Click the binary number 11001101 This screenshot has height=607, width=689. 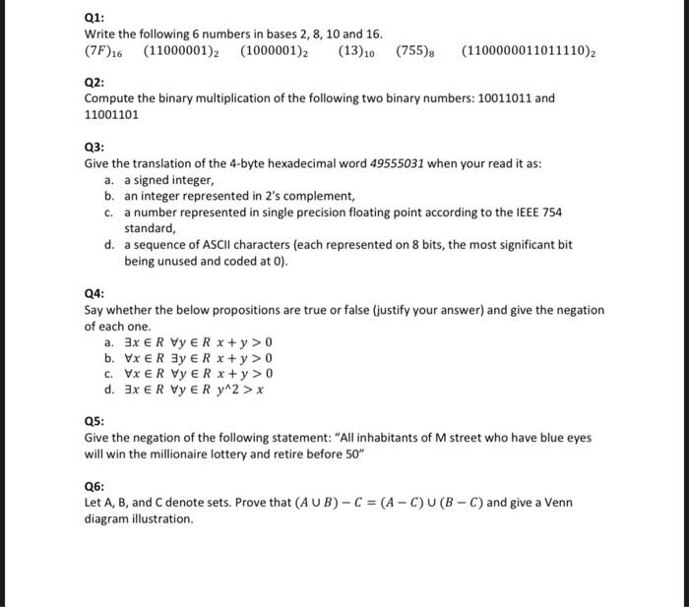pos(111,114)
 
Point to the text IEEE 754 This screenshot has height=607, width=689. pos(539,212)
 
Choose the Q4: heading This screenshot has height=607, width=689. pos(94,293)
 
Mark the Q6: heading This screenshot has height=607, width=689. pos(94,486)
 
